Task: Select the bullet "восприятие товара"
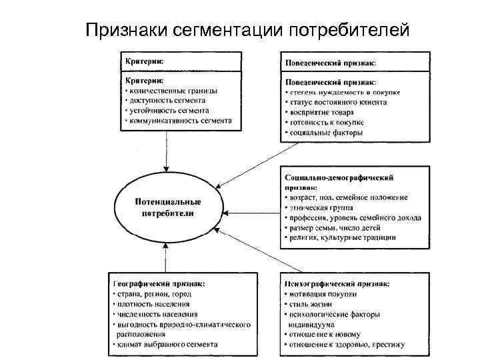(x=321, y=113)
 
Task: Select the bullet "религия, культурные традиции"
(x=343, y=237)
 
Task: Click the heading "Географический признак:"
(x=159, y=283)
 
